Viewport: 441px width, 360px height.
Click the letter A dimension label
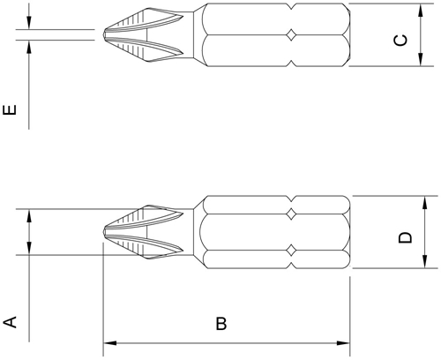[x=10, y=322]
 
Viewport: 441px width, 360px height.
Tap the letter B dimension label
[x=221, y=324]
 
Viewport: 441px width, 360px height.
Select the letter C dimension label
[x=400, y=41]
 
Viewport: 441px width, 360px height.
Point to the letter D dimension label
[x=405, y=237]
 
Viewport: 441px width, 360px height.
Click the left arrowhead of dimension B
[x=110, y=343]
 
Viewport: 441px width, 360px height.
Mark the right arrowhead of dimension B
[x=343, y=343]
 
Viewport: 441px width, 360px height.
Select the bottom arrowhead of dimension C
[x=421, y=60]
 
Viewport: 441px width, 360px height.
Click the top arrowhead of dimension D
[x=424, y=202]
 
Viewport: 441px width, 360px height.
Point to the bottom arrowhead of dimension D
[x=424, y=261]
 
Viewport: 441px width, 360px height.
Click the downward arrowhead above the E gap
[x=29, y=23]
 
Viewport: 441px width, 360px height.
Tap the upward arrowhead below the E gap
[x=29, y=47]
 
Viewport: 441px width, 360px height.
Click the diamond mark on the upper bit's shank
[x=291, y=35]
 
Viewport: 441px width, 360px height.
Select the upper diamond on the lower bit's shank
[x=291, y=214]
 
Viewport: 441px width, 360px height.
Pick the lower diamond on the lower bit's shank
[x=291, y=251]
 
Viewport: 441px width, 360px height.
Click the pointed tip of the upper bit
[x=105, y=34]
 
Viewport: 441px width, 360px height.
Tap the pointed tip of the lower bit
[x=105, y=232]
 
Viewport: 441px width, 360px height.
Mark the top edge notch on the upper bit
[x=291, y=6]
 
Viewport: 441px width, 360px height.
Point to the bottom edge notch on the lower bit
[x=291, y=266]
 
